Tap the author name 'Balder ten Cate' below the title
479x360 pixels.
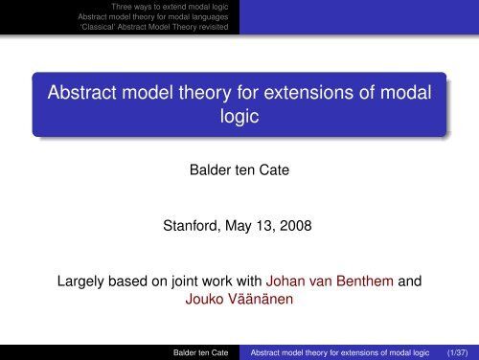coord(239,175)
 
